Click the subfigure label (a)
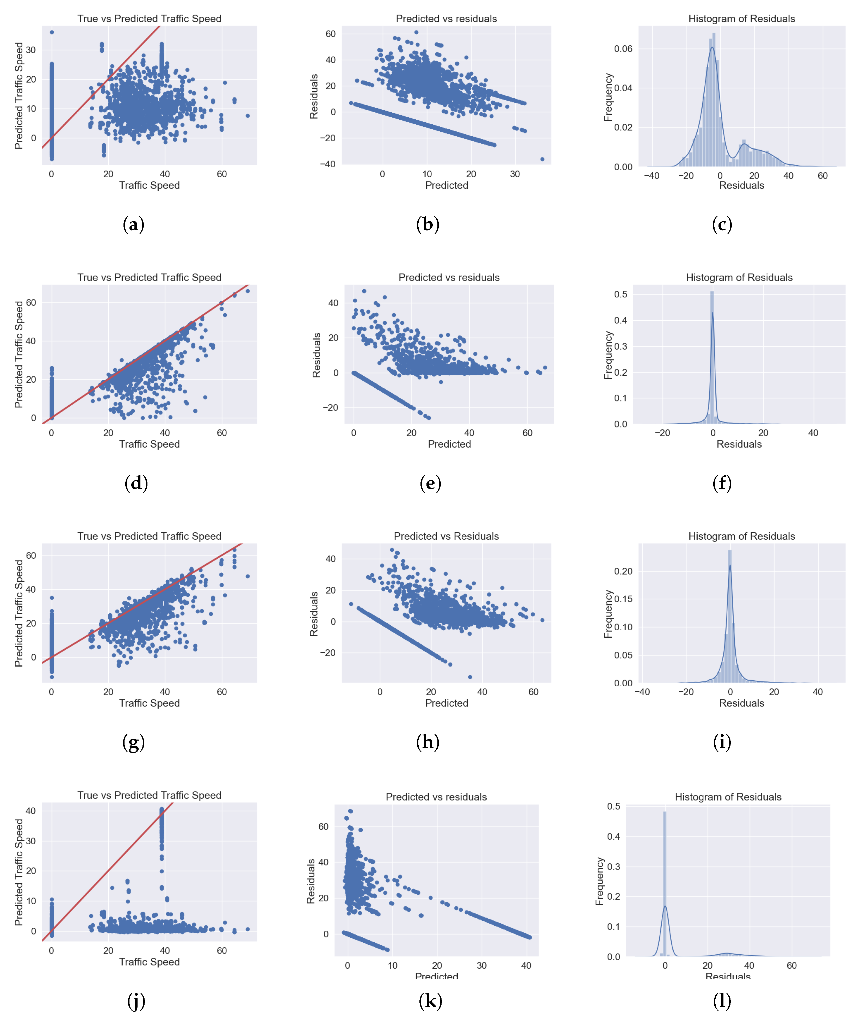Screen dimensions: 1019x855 tap(133, 225)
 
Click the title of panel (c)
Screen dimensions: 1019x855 tap(741, 19)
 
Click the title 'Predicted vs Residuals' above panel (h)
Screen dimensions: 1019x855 tap(446, 536)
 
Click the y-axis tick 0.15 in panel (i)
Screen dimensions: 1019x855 tap(623, 599)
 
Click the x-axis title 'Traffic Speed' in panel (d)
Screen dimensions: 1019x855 tap(149, 444)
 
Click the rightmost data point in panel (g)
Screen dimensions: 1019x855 tap(248, 576)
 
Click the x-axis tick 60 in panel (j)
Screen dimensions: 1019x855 tap(222, 951)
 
